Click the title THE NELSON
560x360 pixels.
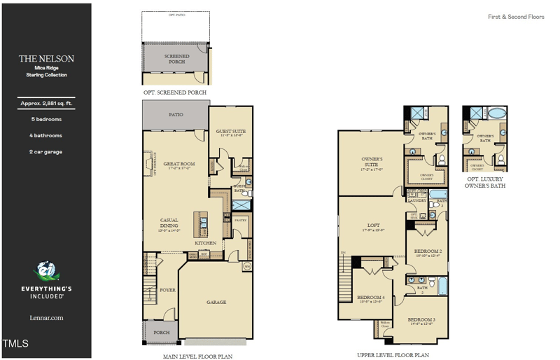click(46, 59)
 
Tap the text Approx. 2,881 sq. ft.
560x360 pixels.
click(46, 104)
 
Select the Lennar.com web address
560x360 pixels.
click(46, 317)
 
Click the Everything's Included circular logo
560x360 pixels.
click(45, 272)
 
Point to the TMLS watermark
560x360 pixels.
click(15, 344)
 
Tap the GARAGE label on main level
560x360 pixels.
click(216, 302)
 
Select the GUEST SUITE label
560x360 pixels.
click(230, 131)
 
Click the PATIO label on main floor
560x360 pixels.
click(176, 115)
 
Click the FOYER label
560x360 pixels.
click(167, 289)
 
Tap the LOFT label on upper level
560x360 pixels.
click(374, 225)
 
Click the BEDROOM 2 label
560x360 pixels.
click(427, 251)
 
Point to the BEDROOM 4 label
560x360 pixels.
click(372, 298)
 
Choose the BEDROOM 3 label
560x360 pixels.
click(421, 319)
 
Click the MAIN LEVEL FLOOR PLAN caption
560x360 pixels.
click(197, 356)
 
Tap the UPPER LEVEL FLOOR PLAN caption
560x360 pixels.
click(393, 355)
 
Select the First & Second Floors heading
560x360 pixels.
click(516, 16)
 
